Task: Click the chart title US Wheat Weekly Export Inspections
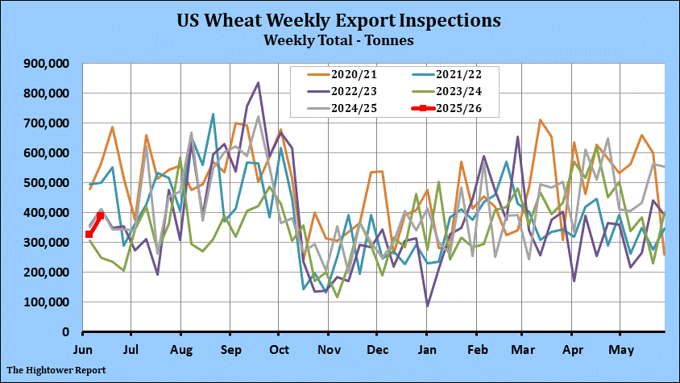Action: [x=339, y=19]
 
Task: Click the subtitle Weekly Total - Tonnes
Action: [x=339, y=39]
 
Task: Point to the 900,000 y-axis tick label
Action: [x=48, y=64]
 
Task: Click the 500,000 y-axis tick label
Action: [x=48, y=183]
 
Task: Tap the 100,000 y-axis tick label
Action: [x=48, y=302]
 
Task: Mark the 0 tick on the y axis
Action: [x=68, y=332]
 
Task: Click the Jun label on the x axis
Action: [x=83, y=351]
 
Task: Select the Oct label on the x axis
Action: [x=278, y=351]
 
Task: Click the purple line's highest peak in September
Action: [x=258, y=82]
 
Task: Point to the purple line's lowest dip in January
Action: [x=427, y=306]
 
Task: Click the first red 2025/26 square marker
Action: [x=89, y=235]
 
